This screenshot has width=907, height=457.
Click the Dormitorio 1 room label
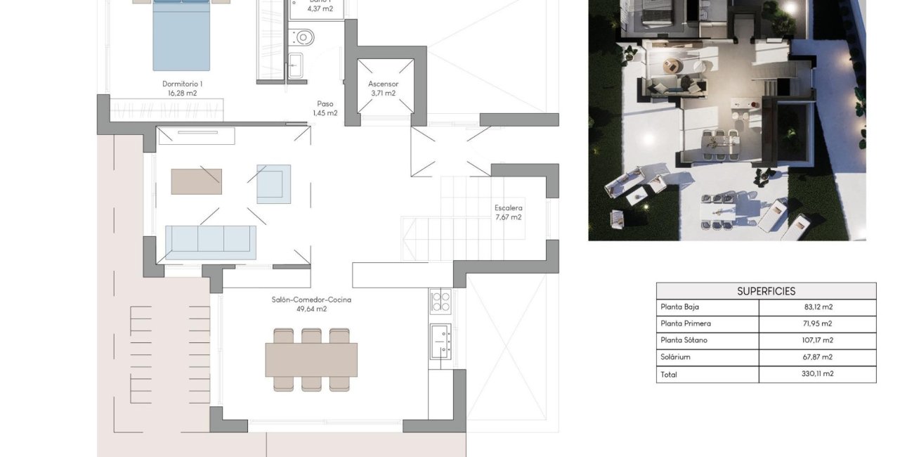(182, 84)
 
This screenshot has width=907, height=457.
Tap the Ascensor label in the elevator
(383, 84)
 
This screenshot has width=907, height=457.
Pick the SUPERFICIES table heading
(766, 291)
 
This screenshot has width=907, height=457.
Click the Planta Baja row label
(679, 307)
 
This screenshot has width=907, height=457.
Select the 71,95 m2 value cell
(817, 324)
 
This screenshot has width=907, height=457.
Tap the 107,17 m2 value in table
(817, 340)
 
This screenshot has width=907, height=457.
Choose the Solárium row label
(675, 357)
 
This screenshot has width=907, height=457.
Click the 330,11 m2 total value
(817, 374)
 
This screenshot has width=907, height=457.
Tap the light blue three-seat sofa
(211, 243)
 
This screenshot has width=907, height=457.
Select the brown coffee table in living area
(196, 181)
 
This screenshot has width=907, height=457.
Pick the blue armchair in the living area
(273, 184)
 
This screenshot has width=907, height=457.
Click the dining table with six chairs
(311, 359)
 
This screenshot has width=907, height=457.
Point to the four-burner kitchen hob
(441, 301)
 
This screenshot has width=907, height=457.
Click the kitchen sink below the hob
(441, 342)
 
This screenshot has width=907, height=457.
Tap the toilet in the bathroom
(304, 37)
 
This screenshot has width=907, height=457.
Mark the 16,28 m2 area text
(182, 93)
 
